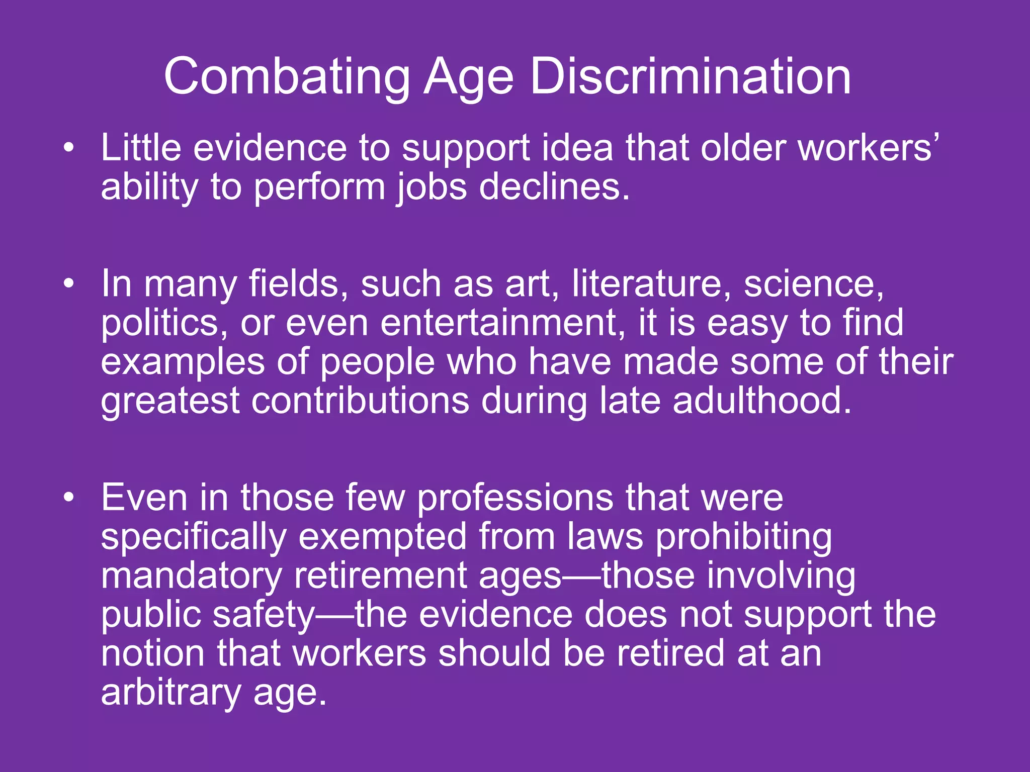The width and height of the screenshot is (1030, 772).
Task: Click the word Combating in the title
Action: pos(287,76)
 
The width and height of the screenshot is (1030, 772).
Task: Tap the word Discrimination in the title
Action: pos(690,76)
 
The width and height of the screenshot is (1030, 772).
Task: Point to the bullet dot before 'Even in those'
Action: pos(69,498)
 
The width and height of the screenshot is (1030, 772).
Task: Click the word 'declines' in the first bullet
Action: pos(554,187)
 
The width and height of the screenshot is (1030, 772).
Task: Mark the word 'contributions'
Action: pos(360,401)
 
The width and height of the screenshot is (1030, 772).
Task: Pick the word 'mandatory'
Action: pos(191,576)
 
